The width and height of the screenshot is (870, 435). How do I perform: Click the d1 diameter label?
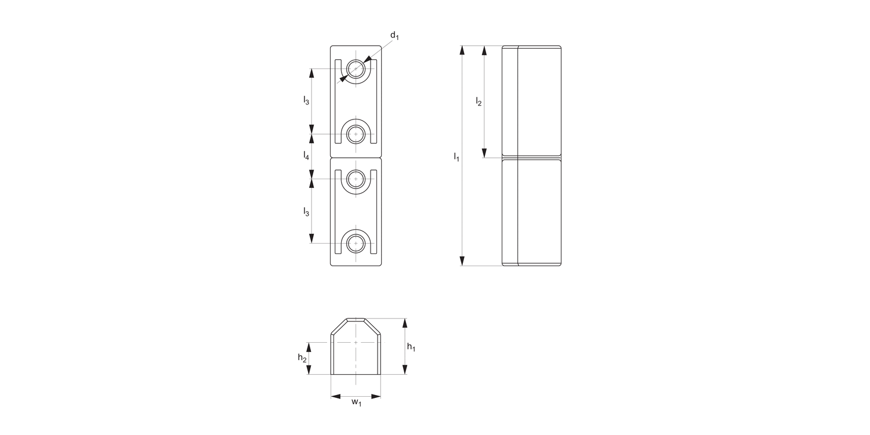pos(394,36)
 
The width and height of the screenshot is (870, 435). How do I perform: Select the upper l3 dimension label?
pos(306,101)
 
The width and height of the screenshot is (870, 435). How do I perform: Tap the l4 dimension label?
pos(306,155)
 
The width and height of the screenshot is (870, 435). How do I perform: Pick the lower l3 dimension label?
pos(306,212)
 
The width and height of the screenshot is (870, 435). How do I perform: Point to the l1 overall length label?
pos(456,157)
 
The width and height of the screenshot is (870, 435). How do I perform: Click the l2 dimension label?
pos(478,101)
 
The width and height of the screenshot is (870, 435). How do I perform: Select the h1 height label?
pos(411,347)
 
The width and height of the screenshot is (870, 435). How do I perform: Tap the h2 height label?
pos(302,358)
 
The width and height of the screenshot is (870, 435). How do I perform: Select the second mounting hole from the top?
pos(356,135)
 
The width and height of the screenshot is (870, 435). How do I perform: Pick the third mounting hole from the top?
pos(356,179)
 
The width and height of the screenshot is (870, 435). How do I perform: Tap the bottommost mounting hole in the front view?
pos(356,244)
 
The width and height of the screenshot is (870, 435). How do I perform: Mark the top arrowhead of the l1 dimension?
pos(462,50)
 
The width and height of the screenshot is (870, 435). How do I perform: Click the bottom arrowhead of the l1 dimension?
pos(462,261)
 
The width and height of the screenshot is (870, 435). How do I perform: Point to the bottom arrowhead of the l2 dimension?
pos(484,153)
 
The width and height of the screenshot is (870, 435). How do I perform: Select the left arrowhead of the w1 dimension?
pos(335,397)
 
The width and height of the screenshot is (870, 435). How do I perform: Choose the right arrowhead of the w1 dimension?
pos(376,397)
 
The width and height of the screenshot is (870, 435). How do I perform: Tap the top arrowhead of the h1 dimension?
pos(405,322)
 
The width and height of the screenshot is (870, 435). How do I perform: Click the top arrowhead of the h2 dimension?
pos(309,346)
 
